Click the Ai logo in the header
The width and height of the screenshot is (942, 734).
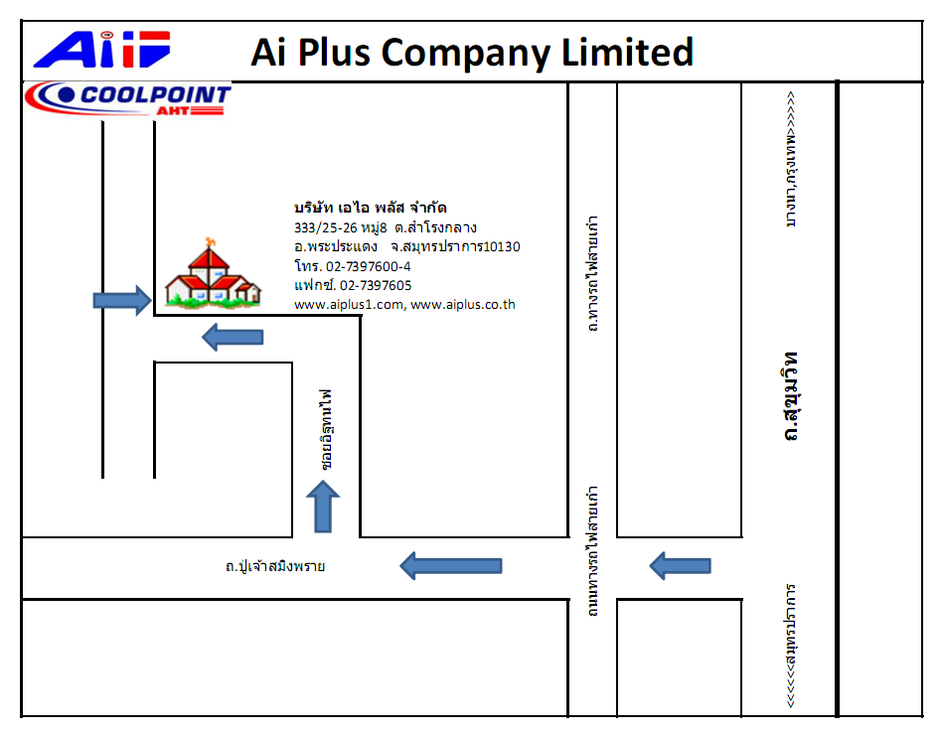pyautogui.click(x=102, y=50)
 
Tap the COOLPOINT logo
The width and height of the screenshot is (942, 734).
pyautogui.click(x=128, y=99)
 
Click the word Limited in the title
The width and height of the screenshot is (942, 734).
pyautogui.click(x=627, y=52)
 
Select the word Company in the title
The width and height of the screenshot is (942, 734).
pyautogui.click(x=466, y=54)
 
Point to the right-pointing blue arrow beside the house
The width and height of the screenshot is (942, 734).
pyautogui.click(x=122, y=300)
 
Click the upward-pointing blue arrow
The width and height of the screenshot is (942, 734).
pyautogui.click(x=323, y=507)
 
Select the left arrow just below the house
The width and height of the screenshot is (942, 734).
pyautogui.click(x=233, y=337)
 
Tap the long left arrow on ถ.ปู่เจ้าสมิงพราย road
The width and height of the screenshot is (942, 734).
pyautogui.click(x=450, y=566)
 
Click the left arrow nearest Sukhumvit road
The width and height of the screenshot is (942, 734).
pyautogui.click(x=680, y=566)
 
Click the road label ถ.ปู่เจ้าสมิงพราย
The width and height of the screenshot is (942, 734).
pyautogui.click(x=275, y=566)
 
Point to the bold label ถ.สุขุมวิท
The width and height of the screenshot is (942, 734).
pyautogui.click(x=791, y=396)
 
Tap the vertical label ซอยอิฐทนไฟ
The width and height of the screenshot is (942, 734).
pyautogui.click(x=326, y=429)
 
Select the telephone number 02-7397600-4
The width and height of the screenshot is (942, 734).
pyautogui.click(x=369, y=266)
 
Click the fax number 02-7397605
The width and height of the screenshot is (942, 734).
pyautogui.click(x=376, y=285)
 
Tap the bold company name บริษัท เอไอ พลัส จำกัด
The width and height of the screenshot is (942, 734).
pyautogui.click(x=370, y=208)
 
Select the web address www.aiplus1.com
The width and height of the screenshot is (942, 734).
pyautogui.click(x=349, y=305)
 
